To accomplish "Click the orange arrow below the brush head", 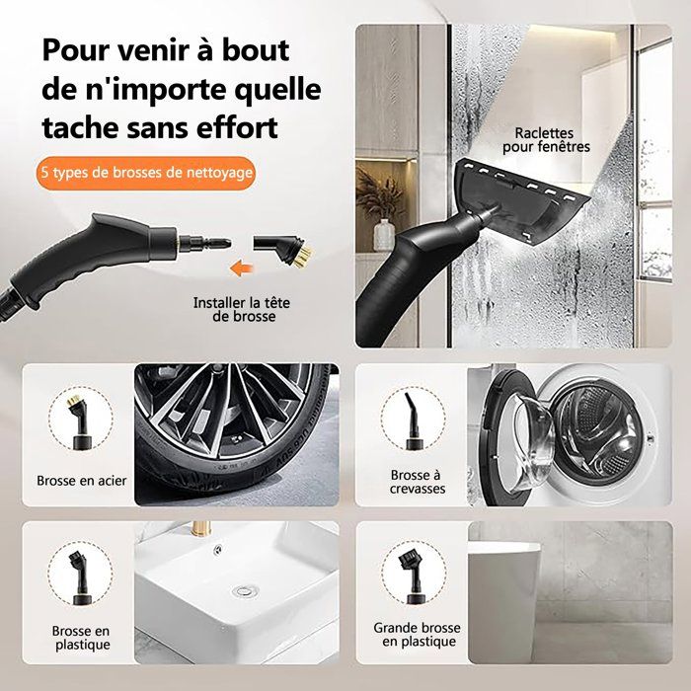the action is point(242,268).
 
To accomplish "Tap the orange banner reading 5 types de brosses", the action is point(146,173).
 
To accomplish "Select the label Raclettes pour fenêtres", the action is point(546,140).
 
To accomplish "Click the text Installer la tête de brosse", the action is point(242,309).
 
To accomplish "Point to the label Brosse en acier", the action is point(82,481).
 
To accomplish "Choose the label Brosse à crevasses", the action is point(417,482).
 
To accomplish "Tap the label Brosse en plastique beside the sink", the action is point(82,638).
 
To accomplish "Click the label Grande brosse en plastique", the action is point(417,634).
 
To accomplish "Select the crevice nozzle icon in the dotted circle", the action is point(413,421).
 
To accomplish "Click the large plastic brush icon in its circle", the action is point(413,577).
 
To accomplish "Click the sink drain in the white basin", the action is point(243,591).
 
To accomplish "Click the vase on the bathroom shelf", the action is point(384,235).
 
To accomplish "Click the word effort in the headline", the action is point(237,127).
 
